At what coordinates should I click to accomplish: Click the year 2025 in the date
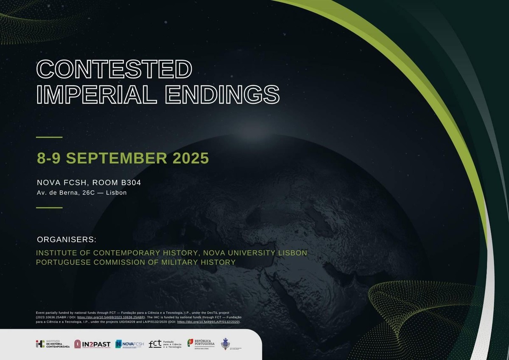[191, 158]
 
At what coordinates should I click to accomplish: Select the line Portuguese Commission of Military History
[136, 262]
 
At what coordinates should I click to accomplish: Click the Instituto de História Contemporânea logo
[53, 344]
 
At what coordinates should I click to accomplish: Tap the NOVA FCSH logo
[130, 344]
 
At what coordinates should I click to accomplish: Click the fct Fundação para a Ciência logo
[165, 344]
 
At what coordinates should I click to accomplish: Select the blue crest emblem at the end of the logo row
[226, 344]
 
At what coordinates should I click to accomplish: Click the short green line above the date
[49, 137]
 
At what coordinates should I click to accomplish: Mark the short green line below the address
[49, 208]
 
